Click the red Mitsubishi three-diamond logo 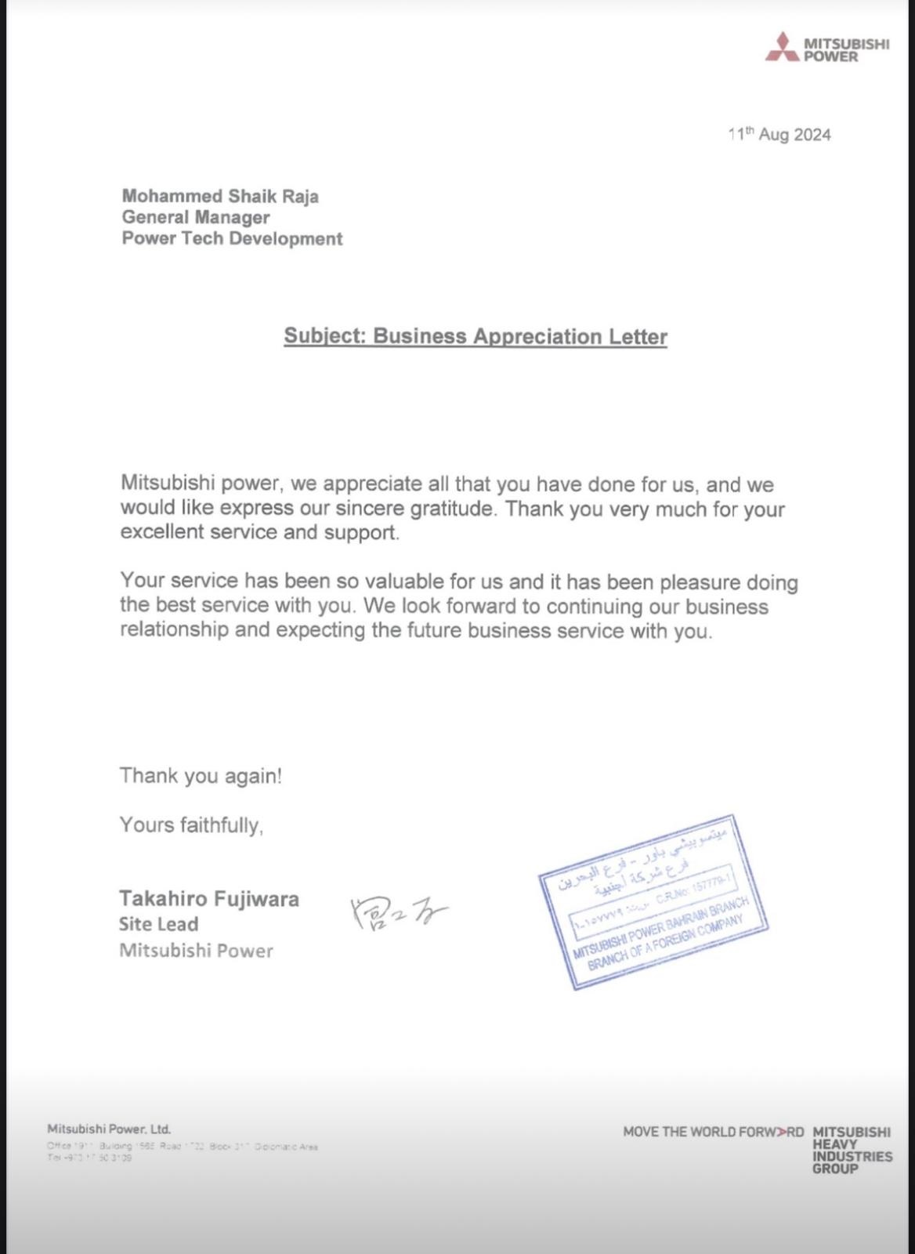click(781, 47)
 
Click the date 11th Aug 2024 click(779, 135)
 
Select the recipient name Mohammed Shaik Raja click(220, 196)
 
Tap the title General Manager click(196, 217)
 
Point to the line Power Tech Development click(232, 238)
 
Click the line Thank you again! click(201, 776)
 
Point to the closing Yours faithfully click(191, 825)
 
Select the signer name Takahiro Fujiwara click(209, 898)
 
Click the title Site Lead click(158, 924)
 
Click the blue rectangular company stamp click(653, 901)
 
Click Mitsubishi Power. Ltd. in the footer click(109, 1129)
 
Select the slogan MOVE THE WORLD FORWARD click(713, 1132)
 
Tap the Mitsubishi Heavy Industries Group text click(852, 1150)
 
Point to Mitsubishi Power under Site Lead click(196, 951)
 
